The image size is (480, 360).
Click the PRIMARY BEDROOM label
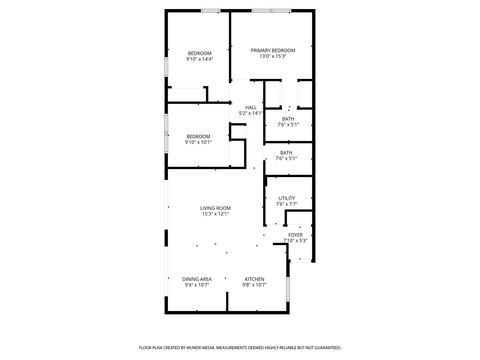click(273, 50)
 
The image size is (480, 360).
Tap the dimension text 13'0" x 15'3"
click(273, 56)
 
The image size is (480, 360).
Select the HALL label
click(251, 107)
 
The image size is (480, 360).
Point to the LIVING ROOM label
click(215, 208)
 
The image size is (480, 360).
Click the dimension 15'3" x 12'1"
click(215, 214)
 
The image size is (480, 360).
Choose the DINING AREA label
click(197, 279)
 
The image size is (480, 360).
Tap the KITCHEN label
click(254, 279)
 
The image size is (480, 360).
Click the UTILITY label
click(287, 198)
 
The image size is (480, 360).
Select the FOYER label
click(296, 234)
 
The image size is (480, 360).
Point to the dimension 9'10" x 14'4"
click(200, 59)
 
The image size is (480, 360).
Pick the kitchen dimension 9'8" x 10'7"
click(254, 285)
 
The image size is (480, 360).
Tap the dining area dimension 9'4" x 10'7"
click(197, 285)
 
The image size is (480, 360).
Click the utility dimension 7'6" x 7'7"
click(287, 204)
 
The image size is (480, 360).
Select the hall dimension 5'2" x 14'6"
click(251, 113)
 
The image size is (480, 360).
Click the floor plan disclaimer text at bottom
click(240, 348)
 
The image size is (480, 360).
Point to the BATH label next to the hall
click(288, 119)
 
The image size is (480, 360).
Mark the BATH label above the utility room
click(286, 153)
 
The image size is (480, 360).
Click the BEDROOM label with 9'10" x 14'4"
click(200, 53)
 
